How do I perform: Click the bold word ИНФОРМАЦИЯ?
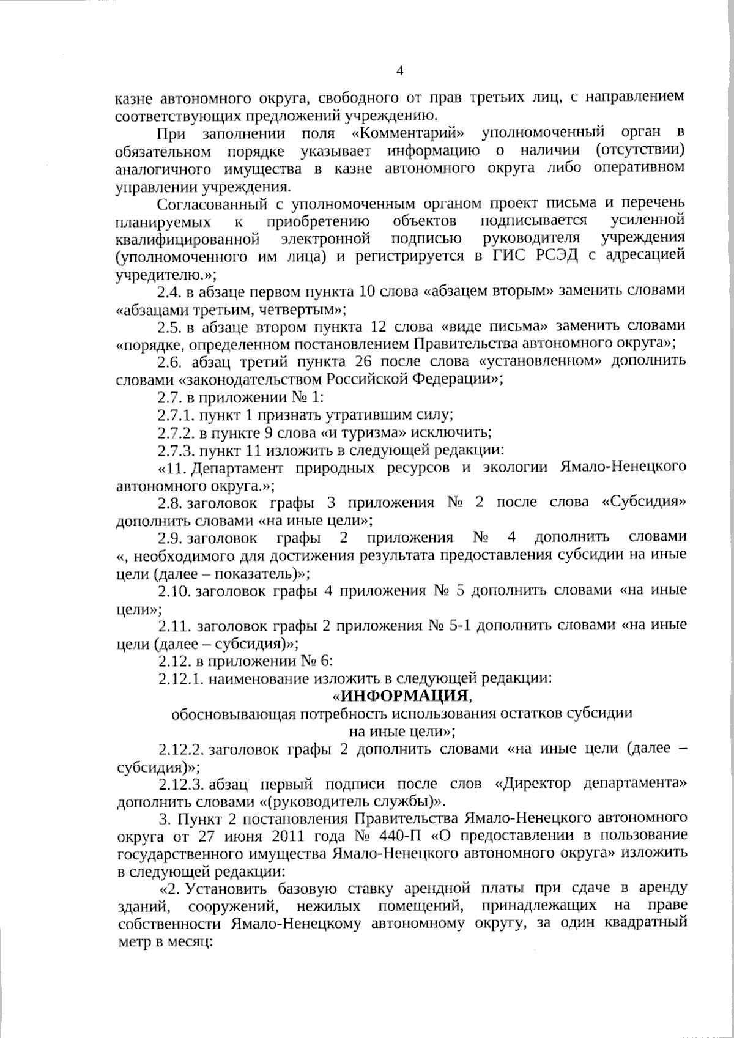tap(405, 695)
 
